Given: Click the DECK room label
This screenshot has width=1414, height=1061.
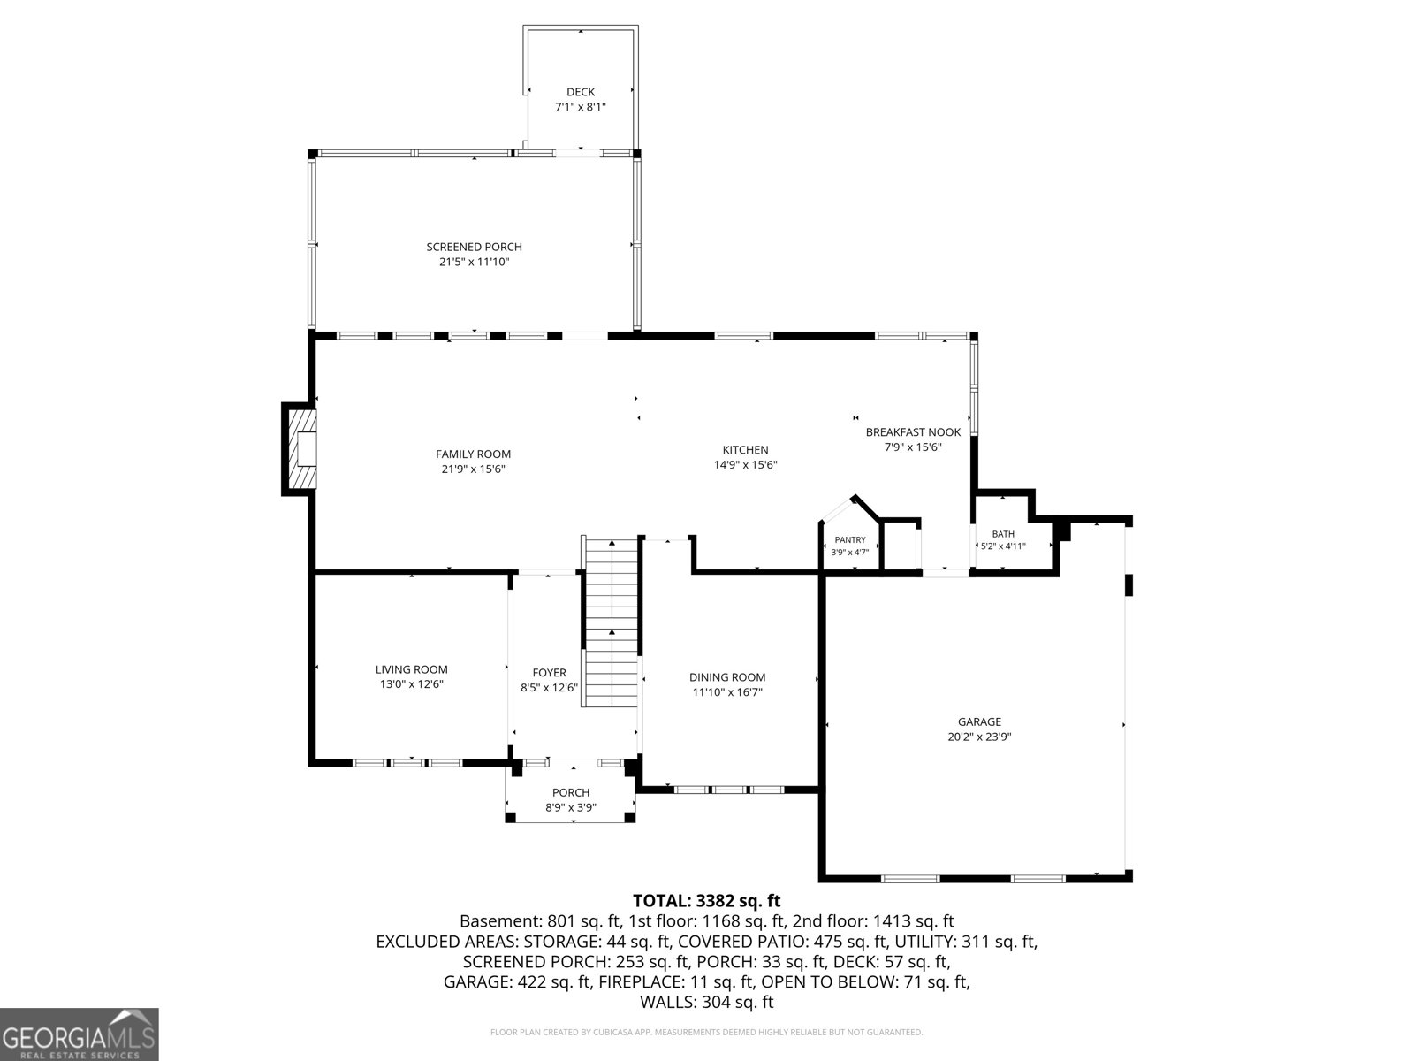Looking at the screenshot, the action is (x=581, y=92).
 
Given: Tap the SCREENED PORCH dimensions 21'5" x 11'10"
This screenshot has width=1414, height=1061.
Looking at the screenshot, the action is (x=474, y=263).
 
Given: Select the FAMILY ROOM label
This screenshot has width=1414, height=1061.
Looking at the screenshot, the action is (x=473, y=454).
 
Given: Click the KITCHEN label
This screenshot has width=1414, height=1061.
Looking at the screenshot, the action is (x=745, y=450).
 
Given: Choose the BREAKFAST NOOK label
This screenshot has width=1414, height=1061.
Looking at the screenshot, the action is (x=913, y=432).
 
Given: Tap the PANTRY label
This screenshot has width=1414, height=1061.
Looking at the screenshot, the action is (x=849, y=540).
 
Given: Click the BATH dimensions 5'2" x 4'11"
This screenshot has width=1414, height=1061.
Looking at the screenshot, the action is (x=1003, y=546).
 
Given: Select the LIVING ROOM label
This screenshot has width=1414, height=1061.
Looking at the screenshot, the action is (x=412, y=670).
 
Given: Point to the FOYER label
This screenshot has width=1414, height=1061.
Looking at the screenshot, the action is (x=550, y=673).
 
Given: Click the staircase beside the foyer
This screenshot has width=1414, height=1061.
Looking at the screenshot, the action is (x=611, y=622).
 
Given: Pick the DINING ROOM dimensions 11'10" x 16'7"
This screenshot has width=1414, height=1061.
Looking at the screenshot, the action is (x=727, y=692).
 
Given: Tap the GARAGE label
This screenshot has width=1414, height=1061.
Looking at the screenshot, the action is (x=979, y=722).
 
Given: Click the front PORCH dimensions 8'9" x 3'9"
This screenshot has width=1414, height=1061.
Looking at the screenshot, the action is (x=571, y=808).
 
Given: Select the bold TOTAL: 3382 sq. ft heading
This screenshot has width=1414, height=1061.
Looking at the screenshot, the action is (x=707, y=901).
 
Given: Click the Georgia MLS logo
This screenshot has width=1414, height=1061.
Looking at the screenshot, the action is (x=79, y=1034).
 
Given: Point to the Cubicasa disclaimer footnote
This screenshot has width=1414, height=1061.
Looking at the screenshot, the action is (x=707, y=1032).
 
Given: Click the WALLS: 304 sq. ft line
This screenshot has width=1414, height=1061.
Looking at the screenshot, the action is (x=707, y=1003).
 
